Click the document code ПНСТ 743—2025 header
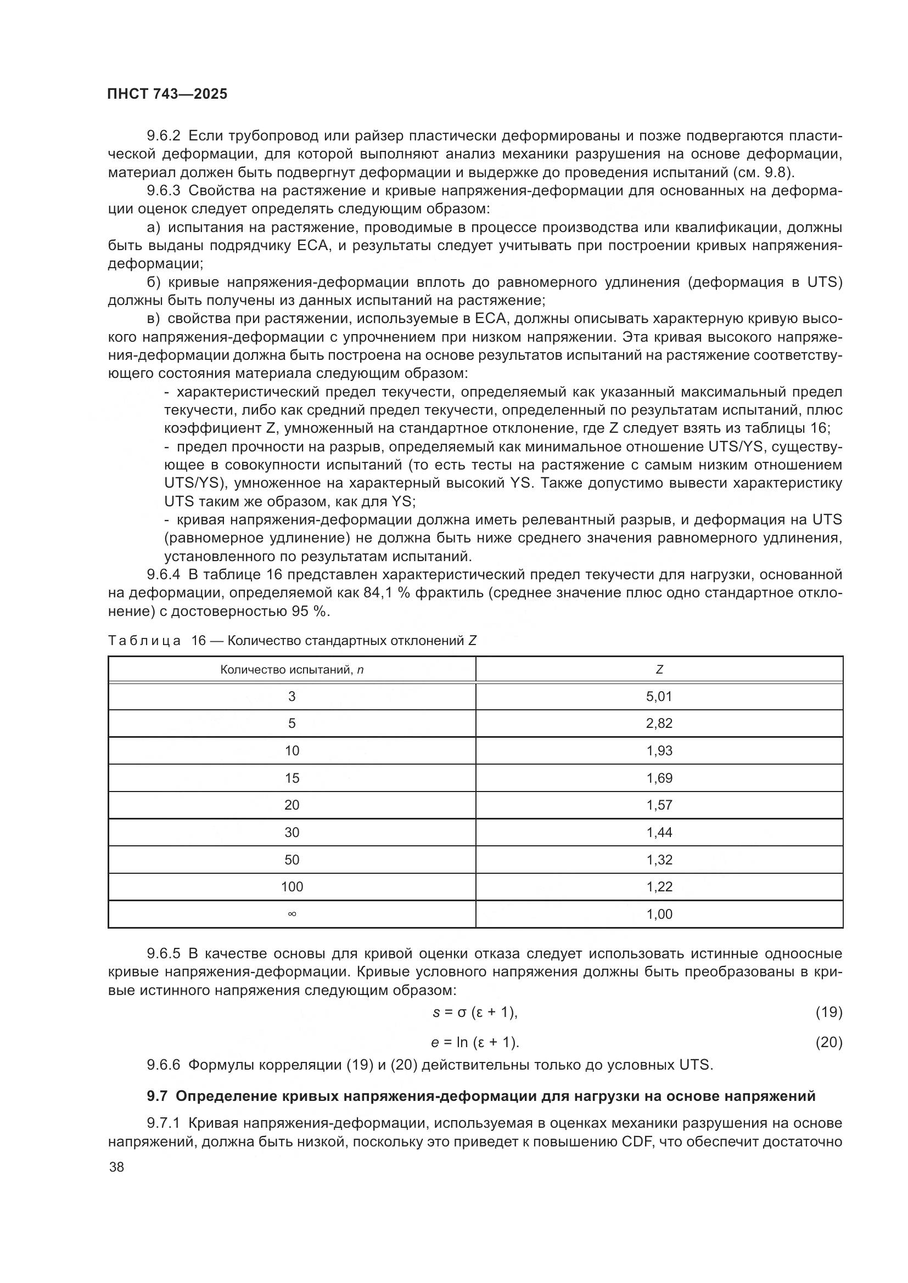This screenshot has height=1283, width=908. click(167, 94)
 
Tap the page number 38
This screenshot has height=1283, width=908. click(117, 1167)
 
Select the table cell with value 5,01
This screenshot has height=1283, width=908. click(659, 696)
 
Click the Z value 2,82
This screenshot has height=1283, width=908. click(659, 723)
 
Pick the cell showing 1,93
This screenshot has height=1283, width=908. click(659, 750)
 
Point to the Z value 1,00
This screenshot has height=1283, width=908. click(659, 914)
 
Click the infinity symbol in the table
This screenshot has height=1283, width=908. click(292, 914)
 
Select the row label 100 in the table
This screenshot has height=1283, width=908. click(292, 887)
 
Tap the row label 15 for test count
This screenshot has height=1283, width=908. click(292, 778)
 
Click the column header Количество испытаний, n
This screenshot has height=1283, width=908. click(292, 669)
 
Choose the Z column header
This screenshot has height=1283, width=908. click(659, 669)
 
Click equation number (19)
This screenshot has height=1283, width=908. click(828, 1012)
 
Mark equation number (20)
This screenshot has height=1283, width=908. click(828, 1042)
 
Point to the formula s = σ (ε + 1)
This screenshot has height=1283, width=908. click(475, 1012)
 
